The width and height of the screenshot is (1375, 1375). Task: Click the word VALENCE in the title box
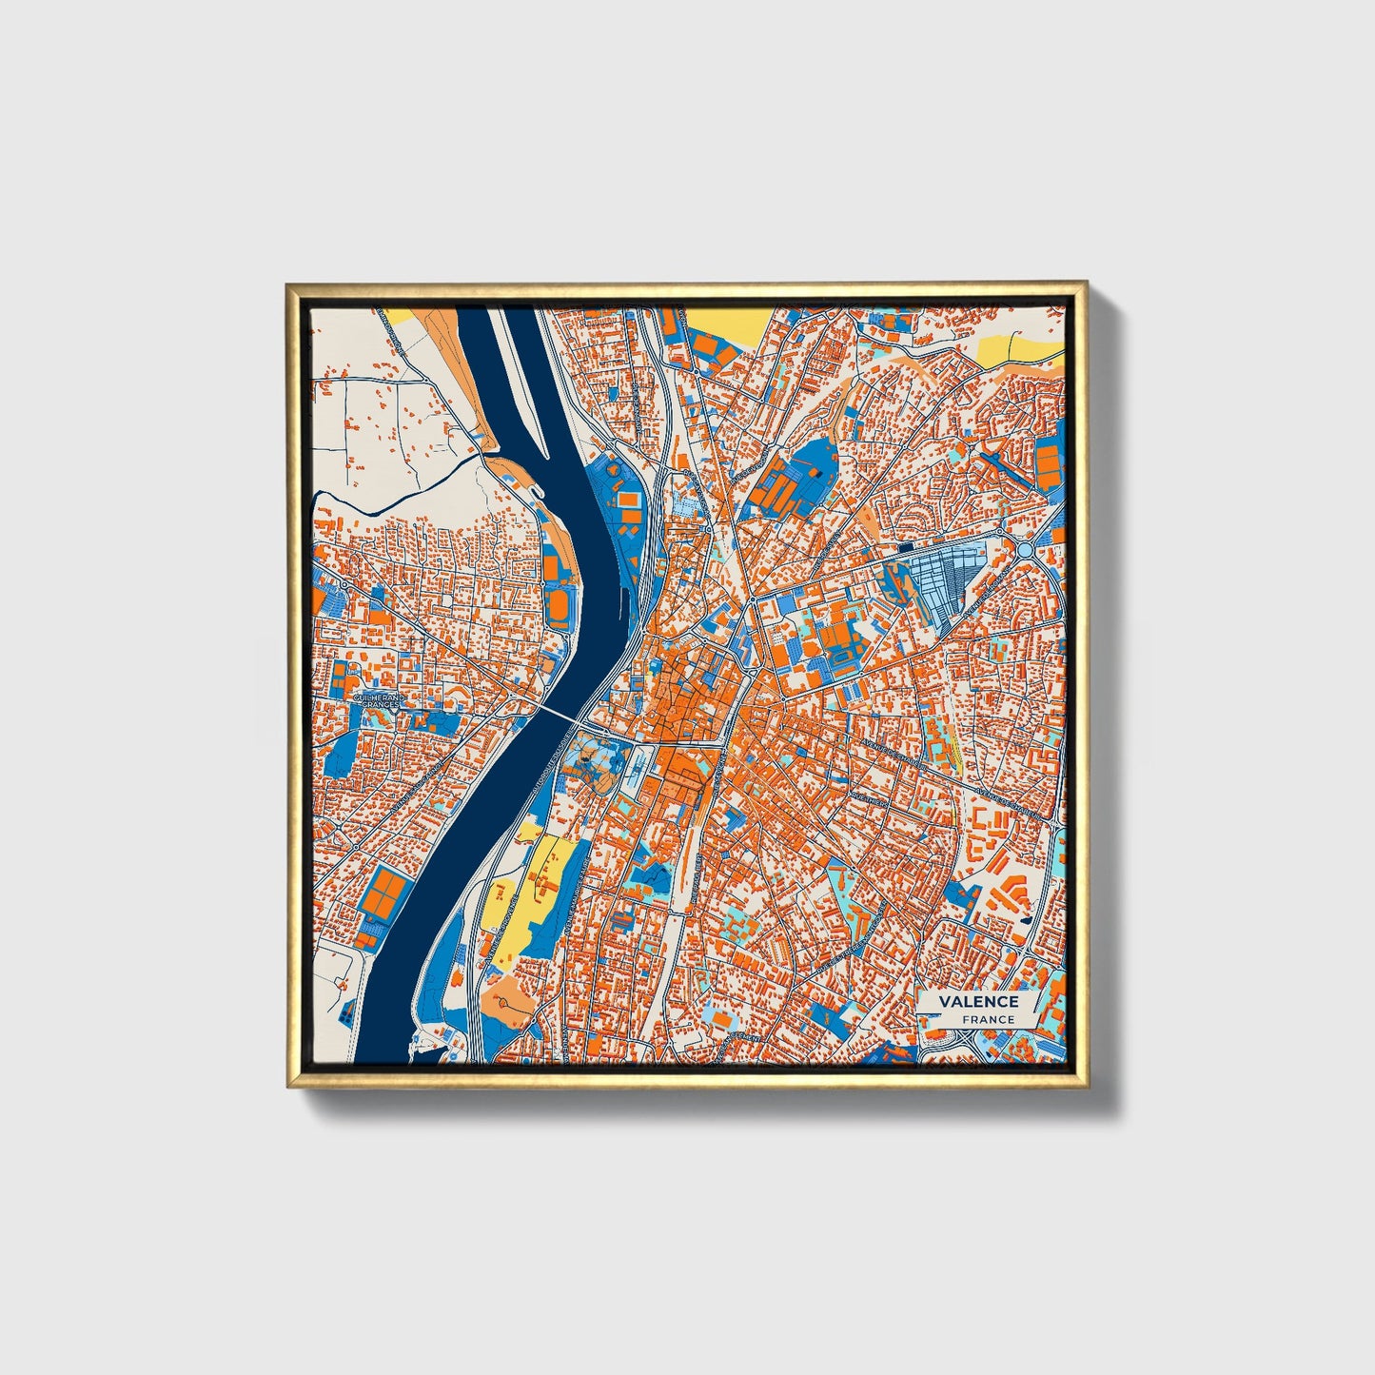(x=978, y=1001)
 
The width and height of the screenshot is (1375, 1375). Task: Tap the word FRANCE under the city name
(x=988, y=1019)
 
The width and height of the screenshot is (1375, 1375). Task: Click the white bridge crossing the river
(x=560, y=713)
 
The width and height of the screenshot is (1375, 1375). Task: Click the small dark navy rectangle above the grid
(x=905, y=547)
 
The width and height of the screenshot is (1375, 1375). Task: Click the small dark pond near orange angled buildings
(x=1024, y=919)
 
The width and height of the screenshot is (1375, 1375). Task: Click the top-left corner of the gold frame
(x=287, y=285)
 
